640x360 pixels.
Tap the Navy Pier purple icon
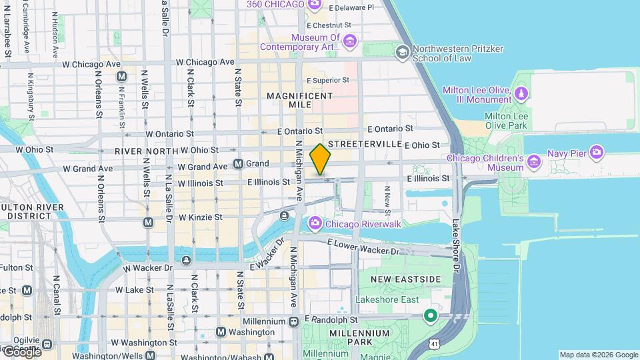pyautogui.click(x=597, y=153)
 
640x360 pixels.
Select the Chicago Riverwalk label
pyautogui.click(x=363, y=224)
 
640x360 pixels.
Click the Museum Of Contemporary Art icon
pyautogui.click(x=350, y=43)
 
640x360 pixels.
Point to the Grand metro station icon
pyautogui.click(x=238, y=164)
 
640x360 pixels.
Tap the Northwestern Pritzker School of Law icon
pyautogui.click(x=402, y=52)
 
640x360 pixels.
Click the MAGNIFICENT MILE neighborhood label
pyautogui.click(x=299, y=101)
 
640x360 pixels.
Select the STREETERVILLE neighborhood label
pyautogui.click(x=365, y=144)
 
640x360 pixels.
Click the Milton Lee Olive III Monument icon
pyautogui.click(x=521, y=94)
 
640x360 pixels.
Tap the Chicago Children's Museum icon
pyautogui.click(x=533, y=162)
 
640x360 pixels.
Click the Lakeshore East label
pyautogui.click(x=387, y=300)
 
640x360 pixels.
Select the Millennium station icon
pyautogui.click(x=294, y=321)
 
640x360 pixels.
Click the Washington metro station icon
pyautogui.click(x=221, y=331)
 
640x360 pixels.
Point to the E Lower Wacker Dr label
pyautogui.click(x=363, y=248)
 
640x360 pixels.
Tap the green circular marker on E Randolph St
pyautogui.click(x=431, y=315)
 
